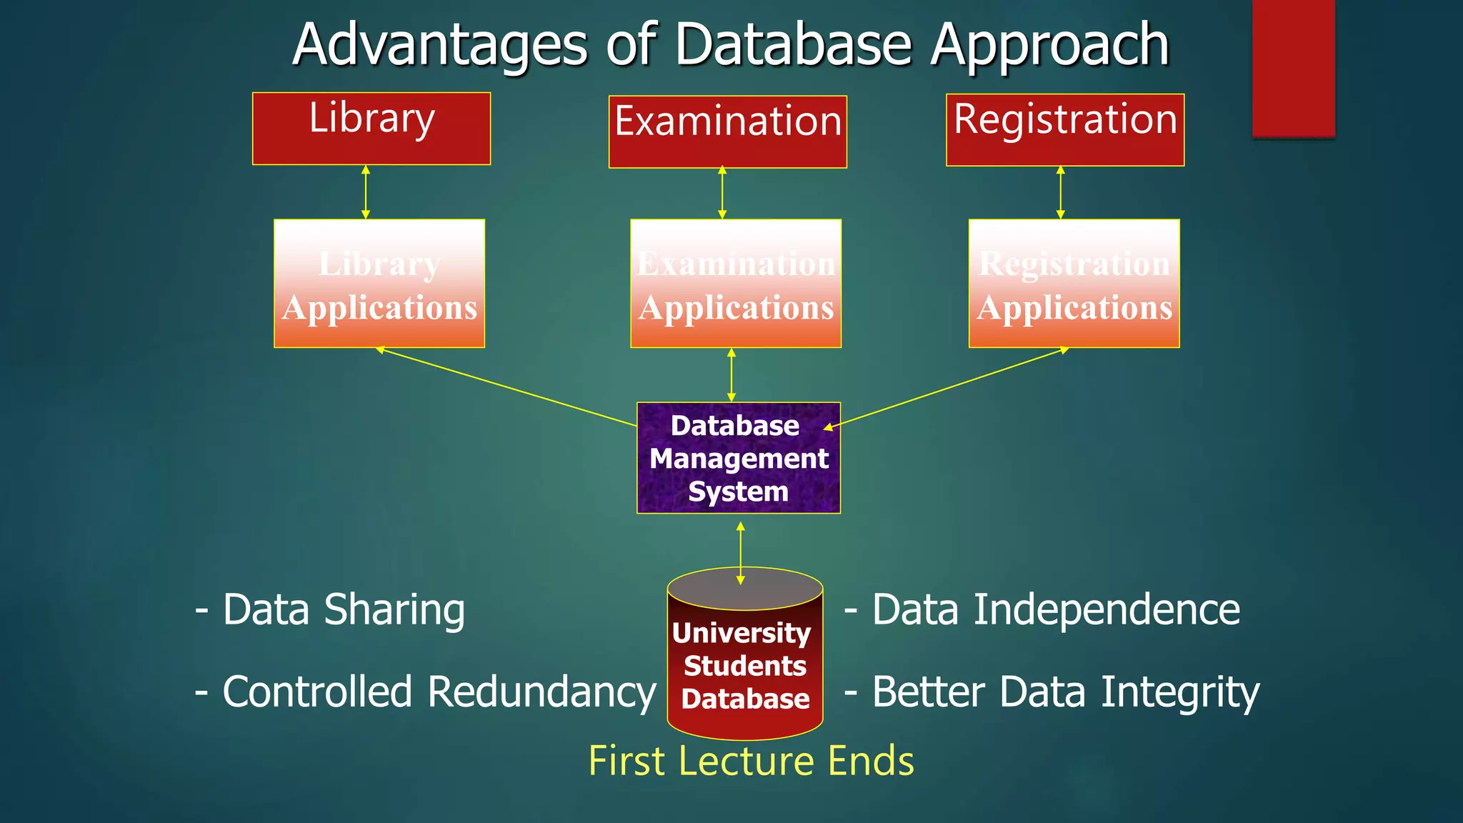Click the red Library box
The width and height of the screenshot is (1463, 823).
tap(371, 129)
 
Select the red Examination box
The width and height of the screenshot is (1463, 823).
tap(727, 132)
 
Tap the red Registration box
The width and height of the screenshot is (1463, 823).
tap(1064, 130)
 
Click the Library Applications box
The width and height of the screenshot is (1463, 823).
tap(379, 284)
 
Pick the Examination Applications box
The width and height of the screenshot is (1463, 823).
tap(736, 284)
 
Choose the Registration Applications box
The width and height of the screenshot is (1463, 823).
tap(1074, 284)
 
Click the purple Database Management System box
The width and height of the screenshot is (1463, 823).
tap(738, 458)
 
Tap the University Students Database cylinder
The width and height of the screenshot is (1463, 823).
tap(745, 664)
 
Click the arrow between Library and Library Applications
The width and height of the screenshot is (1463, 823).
tap(366, 192)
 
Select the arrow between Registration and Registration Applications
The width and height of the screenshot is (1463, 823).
tap(1060, 192)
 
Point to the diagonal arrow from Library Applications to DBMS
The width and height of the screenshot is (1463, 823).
tap(507, 386)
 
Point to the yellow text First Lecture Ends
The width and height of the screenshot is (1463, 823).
tap(751, 761)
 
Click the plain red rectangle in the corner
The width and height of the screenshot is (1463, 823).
tap(1293, 68)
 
